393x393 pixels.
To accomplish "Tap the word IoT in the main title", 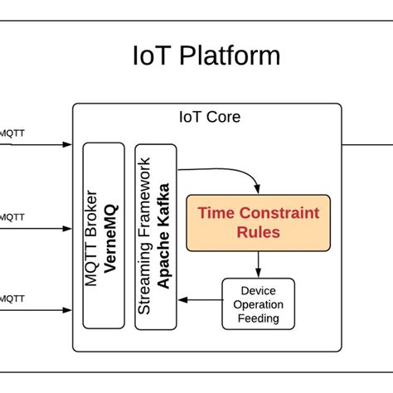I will (151, 56).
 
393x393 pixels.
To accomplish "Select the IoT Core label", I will (210, 117).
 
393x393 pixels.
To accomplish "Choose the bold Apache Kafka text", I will (163, 235).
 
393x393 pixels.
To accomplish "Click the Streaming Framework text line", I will (145, 235).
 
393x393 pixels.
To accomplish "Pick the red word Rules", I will (257, 233).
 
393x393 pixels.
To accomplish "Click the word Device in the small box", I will (258, 291).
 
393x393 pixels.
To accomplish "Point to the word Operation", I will (258, 304).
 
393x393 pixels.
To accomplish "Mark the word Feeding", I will (258, 318).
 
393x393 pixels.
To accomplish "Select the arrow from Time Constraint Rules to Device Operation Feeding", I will (260, 264).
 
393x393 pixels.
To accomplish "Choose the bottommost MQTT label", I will (11, 297).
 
